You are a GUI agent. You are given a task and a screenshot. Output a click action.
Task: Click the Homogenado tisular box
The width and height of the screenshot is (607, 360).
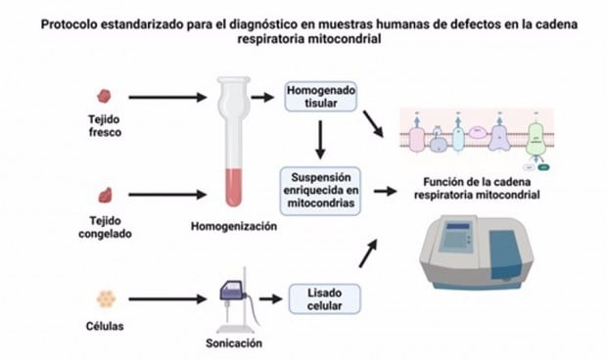[320, 96]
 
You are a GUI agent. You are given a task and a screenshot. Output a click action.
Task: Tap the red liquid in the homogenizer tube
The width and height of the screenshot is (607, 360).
[232, 185]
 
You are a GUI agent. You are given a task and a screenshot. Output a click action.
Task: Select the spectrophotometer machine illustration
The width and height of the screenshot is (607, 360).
[481, 254]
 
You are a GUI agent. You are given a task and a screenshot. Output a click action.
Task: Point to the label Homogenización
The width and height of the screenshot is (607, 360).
[234, 227]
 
